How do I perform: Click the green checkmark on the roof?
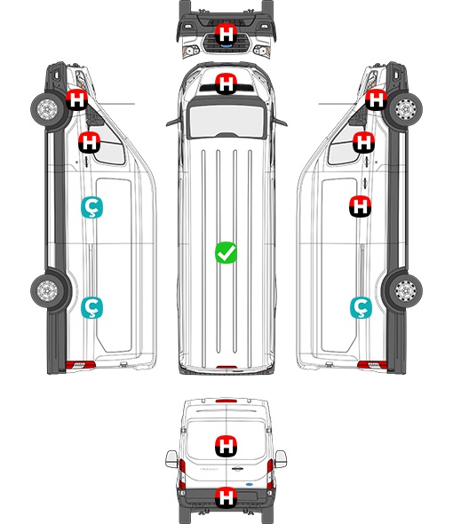point(226,252)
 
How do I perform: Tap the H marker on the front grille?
point(226,34)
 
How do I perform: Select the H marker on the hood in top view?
point(226,83)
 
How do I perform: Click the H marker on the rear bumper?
point(226,497)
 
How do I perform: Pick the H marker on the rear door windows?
point(226,446)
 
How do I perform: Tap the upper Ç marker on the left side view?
point(92,207)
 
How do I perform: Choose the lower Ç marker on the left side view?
point(92,308)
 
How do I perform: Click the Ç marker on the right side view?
point(361,308)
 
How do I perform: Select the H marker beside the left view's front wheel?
point(76,99)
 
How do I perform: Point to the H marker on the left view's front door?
point(89,142)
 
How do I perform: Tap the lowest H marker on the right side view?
point(361,206)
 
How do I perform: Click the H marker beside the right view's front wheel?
point(376,99)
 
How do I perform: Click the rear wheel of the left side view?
point(47,290)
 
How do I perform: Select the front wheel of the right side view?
point(406,109)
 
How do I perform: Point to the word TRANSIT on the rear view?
point(209,469)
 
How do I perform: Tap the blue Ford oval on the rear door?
point(249,484)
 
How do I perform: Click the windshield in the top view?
point(226,120)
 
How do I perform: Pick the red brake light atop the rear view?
point(226,401)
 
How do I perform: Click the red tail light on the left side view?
point(80,365)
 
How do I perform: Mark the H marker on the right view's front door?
point(364,142)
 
